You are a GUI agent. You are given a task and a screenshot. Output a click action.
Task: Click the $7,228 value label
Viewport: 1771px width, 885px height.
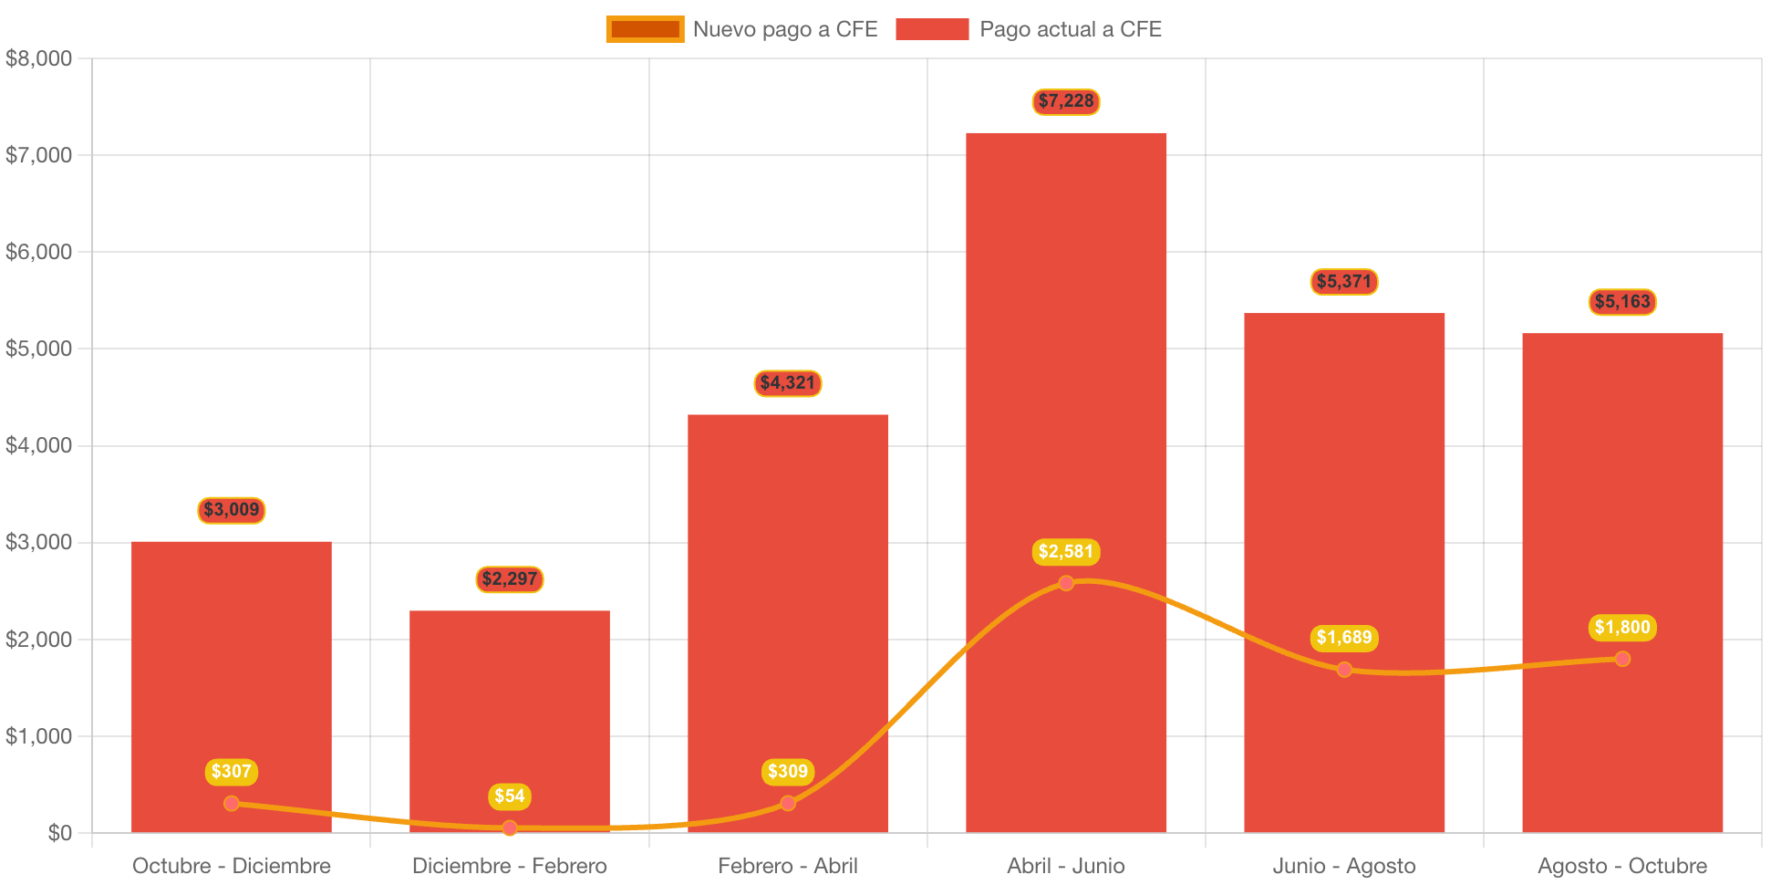tap(1065, 101)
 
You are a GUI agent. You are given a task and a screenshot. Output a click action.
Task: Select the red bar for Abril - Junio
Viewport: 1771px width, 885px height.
tap(1065, 365)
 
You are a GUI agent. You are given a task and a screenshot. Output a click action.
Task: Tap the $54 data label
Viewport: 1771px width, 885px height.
tap(509, 796)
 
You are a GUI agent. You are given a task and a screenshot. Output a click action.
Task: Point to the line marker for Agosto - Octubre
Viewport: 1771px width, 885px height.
tap(1621, 659)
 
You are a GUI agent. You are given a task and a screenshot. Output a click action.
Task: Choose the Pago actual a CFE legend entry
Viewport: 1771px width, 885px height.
tap(1029, 29)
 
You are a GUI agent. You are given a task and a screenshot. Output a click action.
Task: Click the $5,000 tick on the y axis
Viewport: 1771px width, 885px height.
tap(38, 349)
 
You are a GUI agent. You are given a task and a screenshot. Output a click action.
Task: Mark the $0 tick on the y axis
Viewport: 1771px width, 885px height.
tap(59, 832)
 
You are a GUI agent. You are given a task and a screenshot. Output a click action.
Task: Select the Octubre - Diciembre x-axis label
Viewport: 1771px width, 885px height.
tap(232, 865)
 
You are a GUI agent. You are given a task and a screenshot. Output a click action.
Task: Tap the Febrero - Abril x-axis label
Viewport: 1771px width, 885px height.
tap(787, 865)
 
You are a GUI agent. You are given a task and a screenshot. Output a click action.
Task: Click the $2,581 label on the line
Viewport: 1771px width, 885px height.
tap(1065, 551)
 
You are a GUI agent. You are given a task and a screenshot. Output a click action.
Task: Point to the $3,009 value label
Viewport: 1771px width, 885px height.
tap(232, 510)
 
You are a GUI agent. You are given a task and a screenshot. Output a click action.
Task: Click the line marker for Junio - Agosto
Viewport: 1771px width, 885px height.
tap(1343, 670)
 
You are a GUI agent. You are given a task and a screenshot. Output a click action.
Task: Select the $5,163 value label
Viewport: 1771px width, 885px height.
tap(1621, 302)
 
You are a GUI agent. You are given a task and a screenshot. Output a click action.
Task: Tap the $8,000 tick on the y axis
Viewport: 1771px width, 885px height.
tap(38, 58)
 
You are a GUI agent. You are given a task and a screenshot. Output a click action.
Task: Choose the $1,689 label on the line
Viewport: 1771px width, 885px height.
tap(1343, 637)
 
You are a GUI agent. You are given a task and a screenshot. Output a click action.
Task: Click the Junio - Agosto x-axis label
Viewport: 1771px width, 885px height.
tap(1343, 865)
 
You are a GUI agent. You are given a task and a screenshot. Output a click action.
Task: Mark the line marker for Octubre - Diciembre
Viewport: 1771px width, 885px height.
tap(232, 803)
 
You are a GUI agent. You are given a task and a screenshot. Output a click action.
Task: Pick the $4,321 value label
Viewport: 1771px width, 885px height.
tap(787, 383)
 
